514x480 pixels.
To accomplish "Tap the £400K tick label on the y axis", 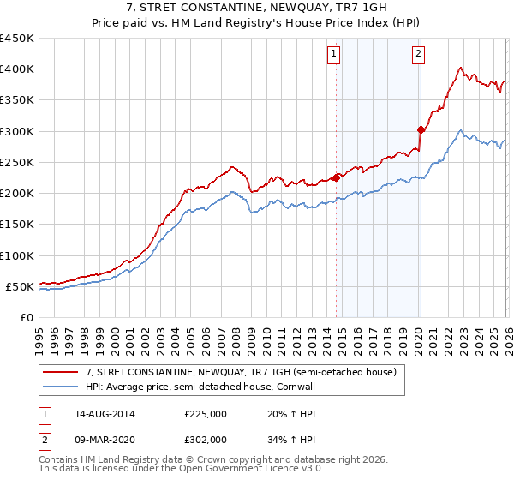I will click(17, 69).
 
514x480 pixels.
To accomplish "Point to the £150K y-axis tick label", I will click(17, 225).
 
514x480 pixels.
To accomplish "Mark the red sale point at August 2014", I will click(336, 177).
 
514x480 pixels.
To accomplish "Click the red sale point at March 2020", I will click(421, 130).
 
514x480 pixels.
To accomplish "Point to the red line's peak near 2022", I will click(461, 68).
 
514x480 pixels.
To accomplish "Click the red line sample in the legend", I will click(60, 373).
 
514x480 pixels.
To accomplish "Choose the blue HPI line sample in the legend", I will click(60, 388).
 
